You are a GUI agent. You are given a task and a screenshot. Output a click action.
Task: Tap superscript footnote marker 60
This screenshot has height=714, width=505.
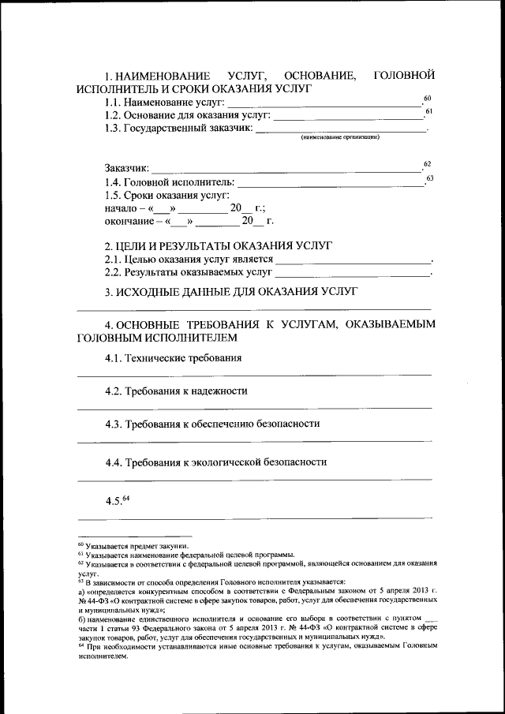click(427, 98)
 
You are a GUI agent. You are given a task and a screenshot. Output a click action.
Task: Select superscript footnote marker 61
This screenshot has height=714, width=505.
click(428, 111)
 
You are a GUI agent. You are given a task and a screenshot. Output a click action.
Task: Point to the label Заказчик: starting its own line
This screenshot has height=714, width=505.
click(126, 168)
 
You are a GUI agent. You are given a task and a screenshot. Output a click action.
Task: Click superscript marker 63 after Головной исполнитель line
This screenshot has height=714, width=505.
click(429, 178)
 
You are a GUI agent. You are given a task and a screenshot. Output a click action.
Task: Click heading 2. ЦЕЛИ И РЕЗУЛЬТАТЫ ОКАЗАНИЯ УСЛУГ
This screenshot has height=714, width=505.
click(219, 246)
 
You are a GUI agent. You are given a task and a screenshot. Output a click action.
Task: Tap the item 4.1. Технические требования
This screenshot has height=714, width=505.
click(173, 358)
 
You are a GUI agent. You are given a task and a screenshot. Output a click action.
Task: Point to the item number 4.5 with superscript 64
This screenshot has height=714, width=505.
click(116, 501)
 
